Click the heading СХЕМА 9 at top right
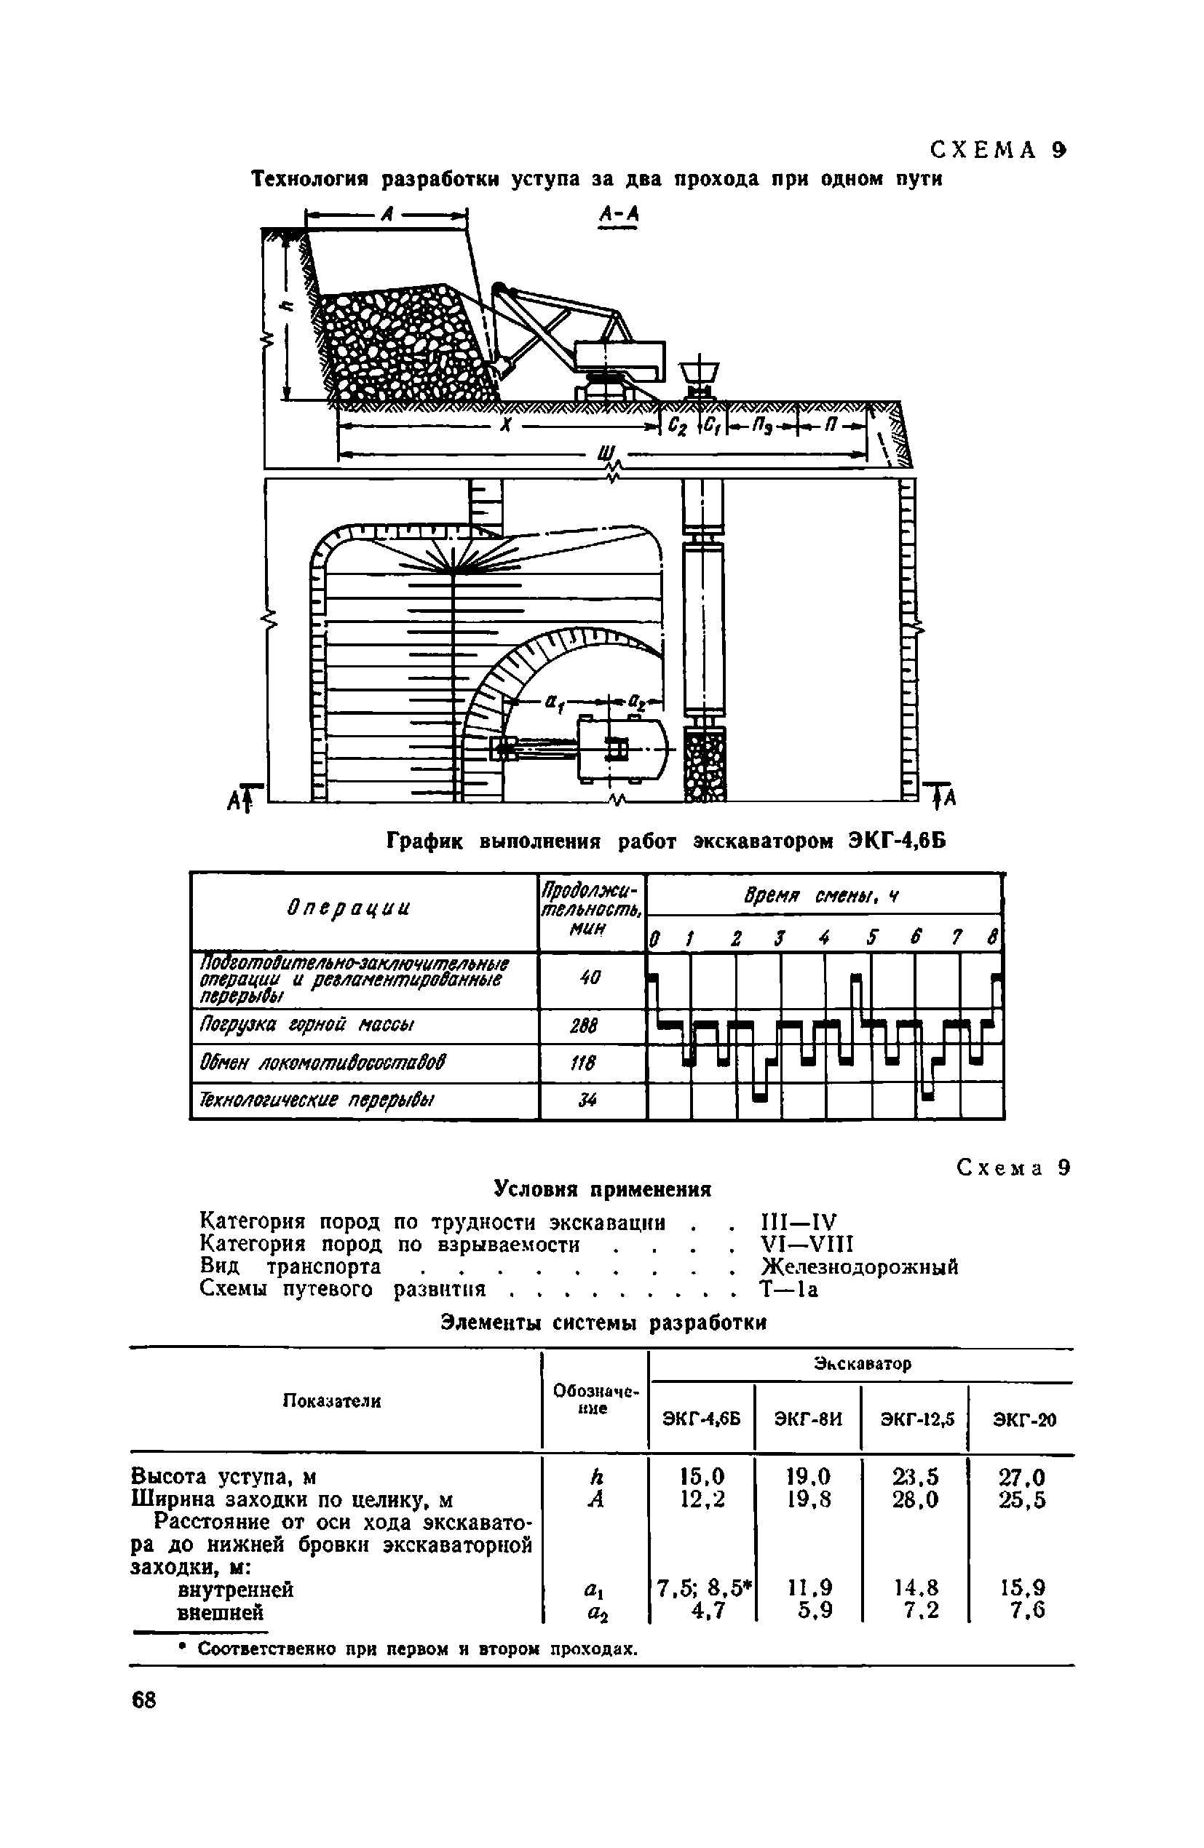(998, 150)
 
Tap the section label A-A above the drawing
(618, 215)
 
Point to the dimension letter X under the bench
(506, 427)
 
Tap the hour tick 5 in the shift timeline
(871, 939)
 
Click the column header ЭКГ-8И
(808, 1419)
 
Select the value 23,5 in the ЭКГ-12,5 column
(916, 1476)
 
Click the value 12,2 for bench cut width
(702, 1499)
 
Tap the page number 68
(144, 1700)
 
